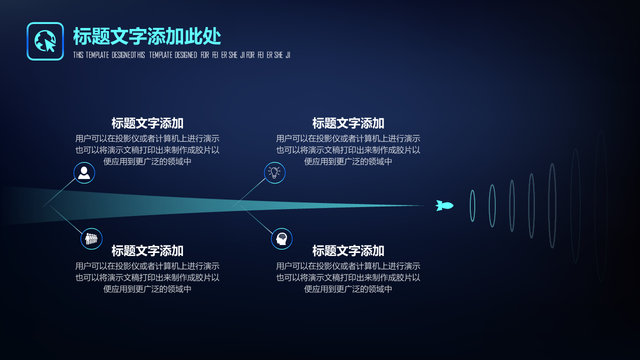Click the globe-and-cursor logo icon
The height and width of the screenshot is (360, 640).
pyautogui.click(x=45, y=41)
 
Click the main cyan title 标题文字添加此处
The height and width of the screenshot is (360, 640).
pyautogui.click(x=147, y=36)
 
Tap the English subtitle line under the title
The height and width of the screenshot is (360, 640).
pyautogui.click(x=181, y=55)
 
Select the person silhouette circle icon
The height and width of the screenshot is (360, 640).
pyautogui.click(x=84, y=173)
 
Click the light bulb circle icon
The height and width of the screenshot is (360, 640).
pyautogui.click(x=274, y=173)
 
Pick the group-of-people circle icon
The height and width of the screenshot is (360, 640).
pyautogui.click(x=91, y=238)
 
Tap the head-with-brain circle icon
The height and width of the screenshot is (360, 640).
pyautogui.click(x=281, y=238)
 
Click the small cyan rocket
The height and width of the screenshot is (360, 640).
pyautogui.click(x=444, y=205)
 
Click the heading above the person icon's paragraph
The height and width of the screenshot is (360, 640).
pyautogui.click(x=147, y=123)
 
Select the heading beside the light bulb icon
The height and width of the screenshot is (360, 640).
pyautogui.click(x=348, y=123)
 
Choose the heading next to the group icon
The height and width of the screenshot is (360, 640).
pyautogui.click(x=147, y=251)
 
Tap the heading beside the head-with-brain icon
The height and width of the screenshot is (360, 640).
pyautogui.click(x=348, y=251)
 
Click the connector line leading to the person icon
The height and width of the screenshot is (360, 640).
pyautogui.click(x=59, y=192)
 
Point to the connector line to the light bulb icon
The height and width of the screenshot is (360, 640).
pyautogui.click(x=249, y=192)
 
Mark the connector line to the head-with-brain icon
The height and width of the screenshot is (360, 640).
pyautogui.click(x=256, y=219)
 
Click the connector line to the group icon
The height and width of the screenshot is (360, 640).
pyautogui.click(x=66, y=219)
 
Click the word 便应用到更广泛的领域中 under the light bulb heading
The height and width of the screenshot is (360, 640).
pyautogui.click(x=348, y=161)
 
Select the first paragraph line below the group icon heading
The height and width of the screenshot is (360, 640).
pyautogui.click(x=147, y=266)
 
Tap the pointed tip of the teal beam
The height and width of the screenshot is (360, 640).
pyautogui.click(x=423, y=205)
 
